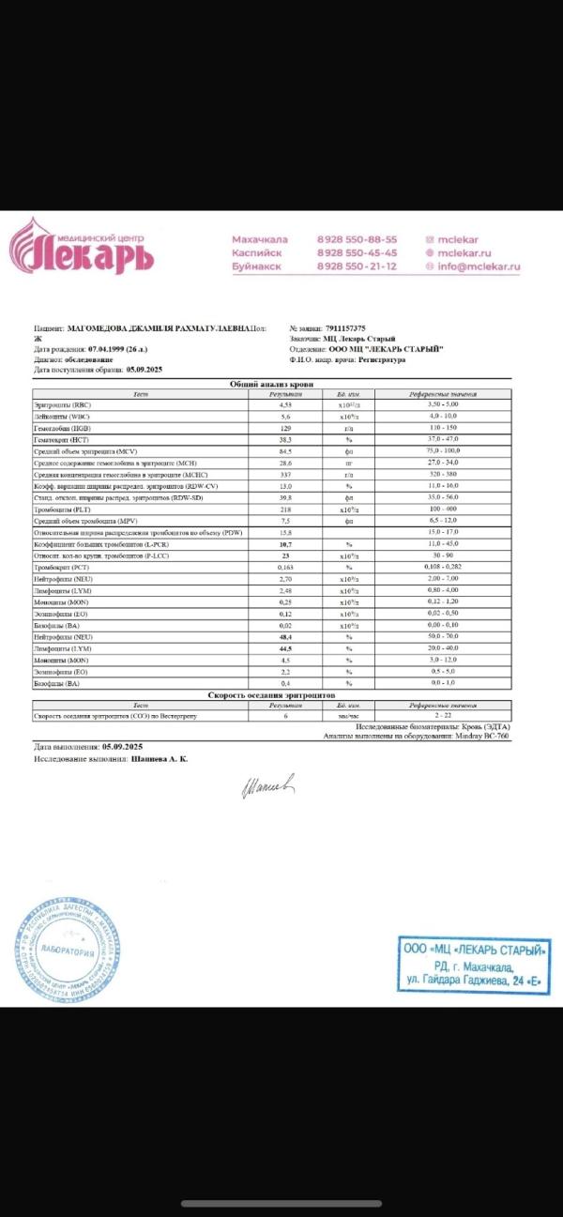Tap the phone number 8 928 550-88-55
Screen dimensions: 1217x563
(357, 239)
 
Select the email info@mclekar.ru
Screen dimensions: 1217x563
(479, 266)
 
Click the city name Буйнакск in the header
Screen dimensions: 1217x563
(256, 266)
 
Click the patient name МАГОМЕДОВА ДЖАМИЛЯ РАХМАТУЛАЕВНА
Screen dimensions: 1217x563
(151, 328)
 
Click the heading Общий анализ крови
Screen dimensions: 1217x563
(272, 384)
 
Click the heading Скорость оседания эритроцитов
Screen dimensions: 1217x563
(272, 694)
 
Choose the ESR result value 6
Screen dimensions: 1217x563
(285, 716)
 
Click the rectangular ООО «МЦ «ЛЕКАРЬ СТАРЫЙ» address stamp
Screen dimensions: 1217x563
(473, 965)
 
